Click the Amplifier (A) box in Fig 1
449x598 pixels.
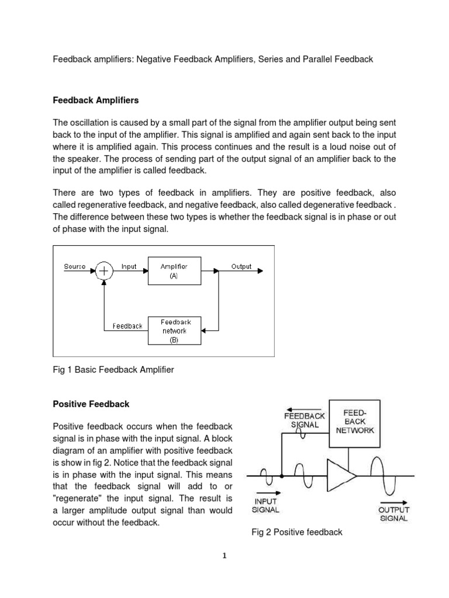point(174,270)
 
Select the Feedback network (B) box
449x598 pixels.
point(174,330)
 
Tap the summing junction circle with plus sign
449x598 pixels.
point(104,270)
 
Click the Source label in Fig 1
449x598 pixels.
point(74,266)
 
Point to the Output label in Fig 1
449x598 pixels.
point(241,266)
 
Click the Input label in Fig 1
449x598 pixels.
point(129,266)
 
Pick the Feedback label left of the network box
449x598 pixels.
point(127,326)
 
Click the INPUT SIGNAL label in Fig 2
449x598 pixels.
point(265,505)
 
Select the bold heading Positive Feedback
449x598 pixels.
point(91,404)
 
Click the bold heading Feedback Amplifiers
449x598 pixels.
point(96,100)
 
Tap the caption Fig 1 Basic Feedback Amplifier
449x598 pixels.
point(113,370)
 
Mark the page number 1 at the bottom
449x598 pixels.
point(224,556)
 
